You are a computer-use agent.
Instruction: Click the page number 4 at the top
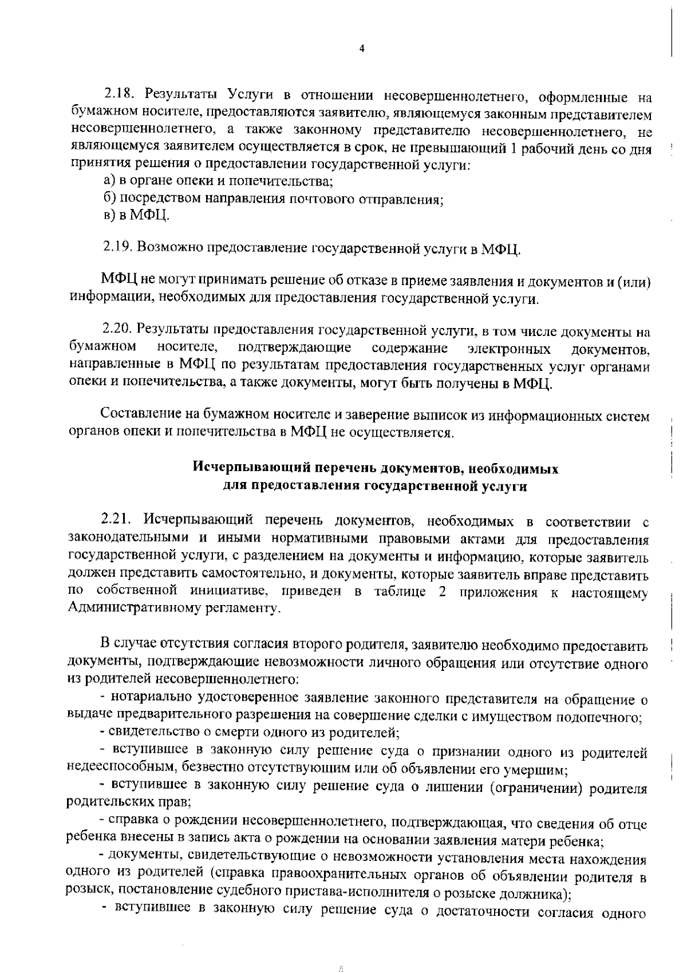[361, 48]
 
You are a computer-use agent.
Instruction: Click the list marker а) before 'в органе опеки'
[109, 181]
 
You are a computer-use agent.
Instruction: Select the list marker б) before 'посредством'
[109, 199]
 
